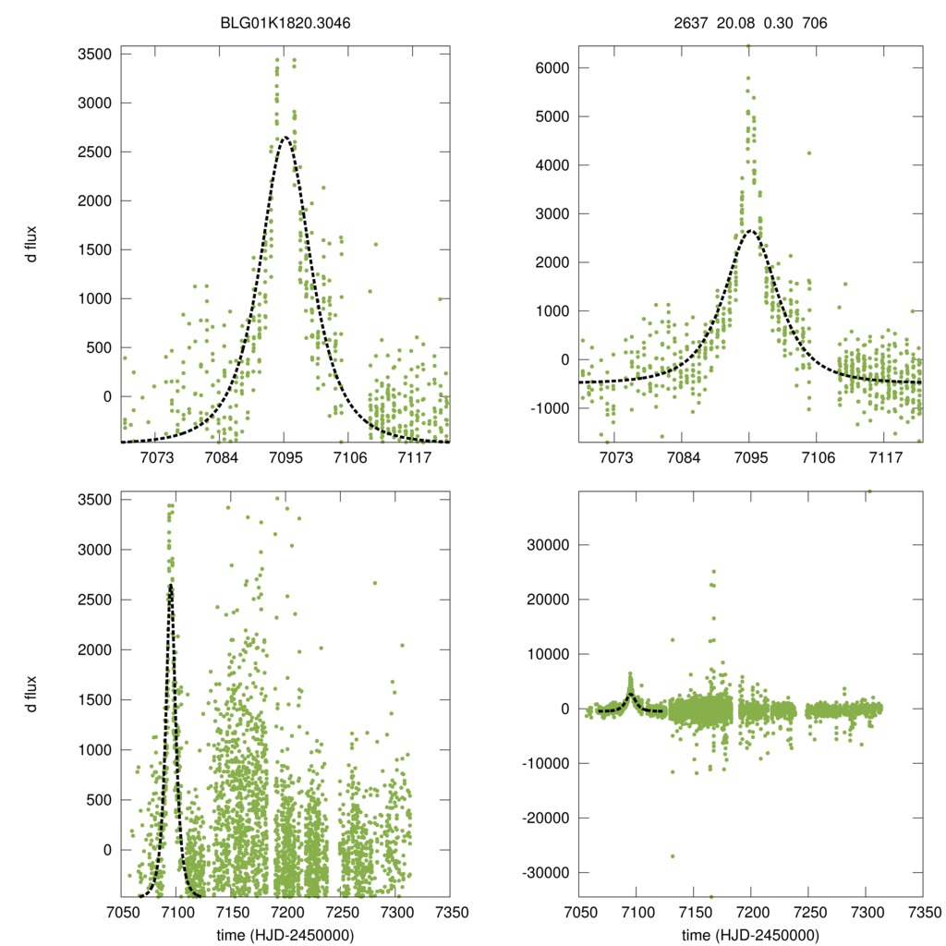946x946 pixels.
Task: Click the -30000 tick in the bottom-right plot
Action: (543, 873)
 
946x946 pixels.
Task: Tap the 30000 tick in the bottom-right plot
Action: (547, 545)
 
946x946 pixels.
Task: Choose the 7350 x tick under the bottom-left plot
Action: (450, 912)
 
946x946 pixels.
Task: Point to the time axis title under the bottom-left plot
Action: (285, 934)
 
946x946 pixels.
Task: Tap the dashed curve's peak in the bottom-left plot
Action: (171, 585)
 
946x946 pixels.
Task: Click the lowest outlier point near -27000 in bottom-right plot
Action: (673, 856)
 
